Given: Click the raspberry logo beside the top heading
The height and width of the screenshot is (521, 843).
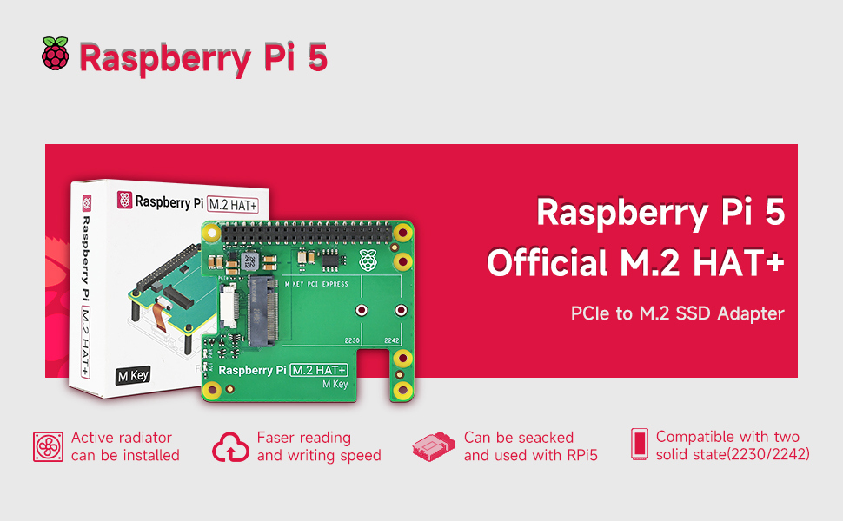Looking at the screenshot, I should tap(55, 54).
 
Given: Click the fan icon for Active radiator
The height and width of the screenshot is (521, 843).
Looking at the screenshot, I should tap(48, 445).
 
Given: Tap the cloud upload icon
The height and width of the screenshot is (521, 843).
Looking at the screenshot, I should tap(230, 446).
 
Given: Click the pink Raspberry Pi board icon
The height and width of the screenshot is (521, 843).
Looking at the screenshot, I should tap(435, 446).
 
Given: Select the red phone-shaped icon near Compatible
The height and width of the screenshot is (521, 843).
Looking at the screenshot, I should tap(640, 445).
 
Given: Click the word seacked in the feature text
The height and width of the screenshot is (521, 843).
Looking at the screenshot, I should tap(544, 438).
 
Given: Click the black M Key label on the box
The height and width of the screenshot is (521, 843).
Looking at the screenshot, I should tap(132, 377).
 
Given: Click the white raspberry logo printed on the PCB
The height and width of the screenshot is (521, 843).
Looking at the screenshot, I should tap(368, 258).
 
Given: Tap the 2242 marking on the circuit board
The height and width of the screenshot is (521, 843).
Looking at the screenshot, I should tap(391, 340).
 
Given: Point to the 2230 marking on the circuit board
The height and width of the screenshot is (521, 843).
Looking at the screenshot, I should tap(352, 340).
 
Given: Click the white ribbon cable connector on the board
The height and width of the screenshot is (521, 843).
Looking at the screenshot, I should tap(229, 306).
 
